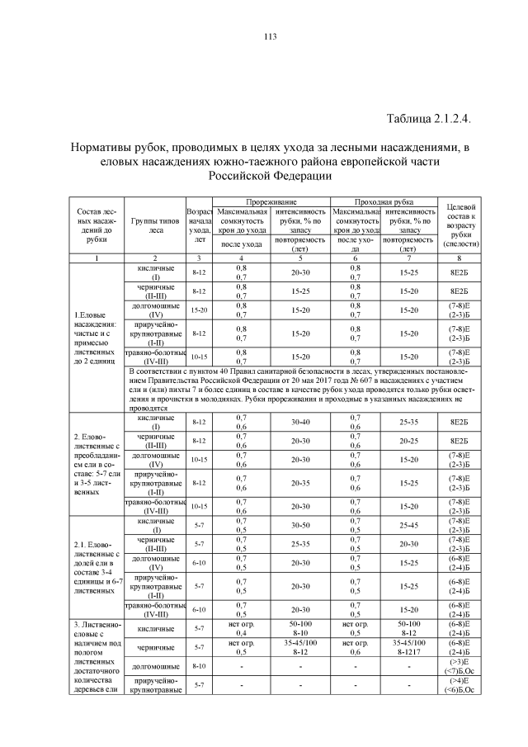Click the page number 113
[269, 36]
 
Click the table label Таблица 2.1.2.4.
[427, 118]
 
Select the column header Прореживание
[272, 201]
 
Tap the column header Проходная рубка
[384, 201]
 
